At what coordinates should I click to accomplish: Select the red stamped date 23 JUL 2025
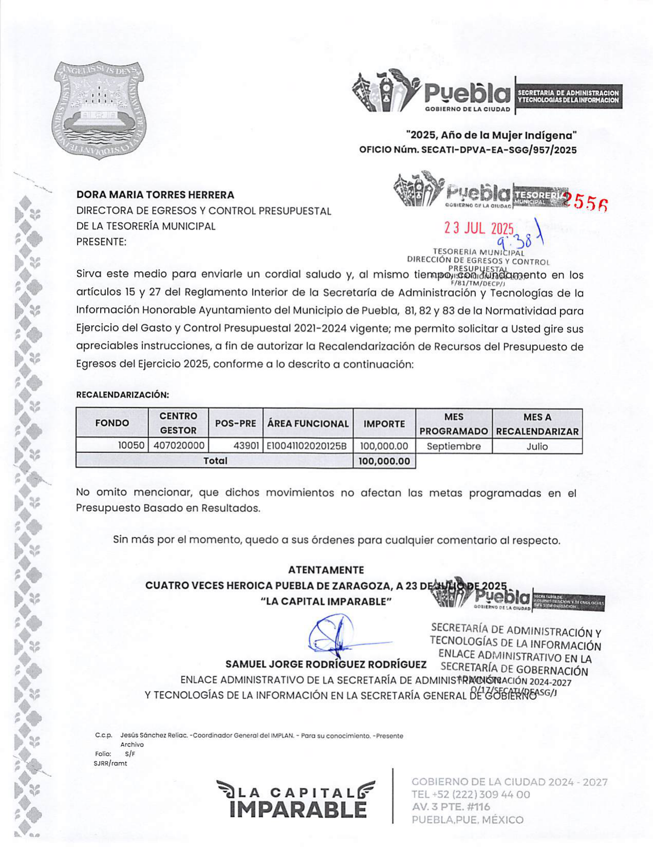pyautogui.click(x=478, y=229)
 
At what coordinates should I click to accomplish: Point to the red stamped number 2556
pyautogui.click(x=586, y=202)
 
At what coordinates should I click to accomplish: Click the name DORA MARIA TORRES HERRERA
pyautogui.click(x=155, y=195)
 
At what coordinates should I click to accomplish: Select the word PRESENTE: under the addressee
pyautogui.click(x=101, y=241)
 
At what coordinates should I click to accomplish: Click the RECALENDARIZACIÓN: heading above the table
pyautogui.click(x=122, y=395)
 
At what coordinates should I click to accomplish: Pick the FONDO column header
pyautogui.click(x=112, y=423)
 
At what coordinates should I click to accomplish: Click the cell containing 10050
pyautogui.click(x=131, y=446)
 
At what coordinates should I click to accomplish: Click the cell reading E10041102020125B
pyautogui.click(x=307, y=446)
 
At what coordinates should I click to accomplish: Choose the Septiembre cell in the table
pyautogui.click(x=453, y=446)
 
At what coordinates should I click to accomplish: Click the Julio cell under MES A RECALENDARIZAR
pyautogui.click(x=537, y=446)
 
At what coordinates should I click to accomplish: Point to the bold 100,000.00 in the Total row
pyautogui.click(x=384, y=461)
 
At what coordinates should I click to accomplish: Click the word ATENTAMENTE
pyautogui.click(x=326, y=570)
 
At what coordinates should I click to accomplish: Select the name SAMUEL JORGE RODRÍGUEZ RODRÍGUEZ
pyautogui.click(x=326, y=664)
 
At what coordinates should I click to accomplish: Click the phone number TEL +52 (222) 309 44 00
pyautogui.click(x=471, y=795)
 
